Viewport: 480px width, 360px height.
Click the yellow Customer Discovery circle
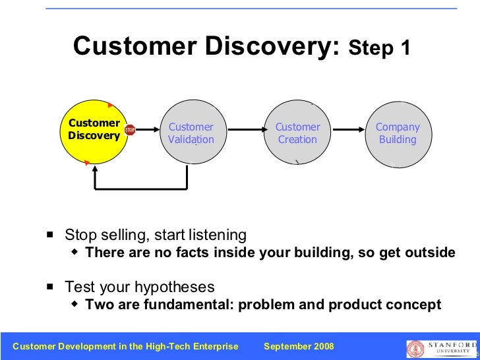coord(94,132)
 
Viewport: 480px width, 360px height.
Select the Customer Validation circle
coord(191,133)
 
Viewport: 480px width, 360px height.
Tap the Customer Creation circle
coord(297,133)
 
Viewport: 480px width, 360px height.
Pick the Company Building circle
coord(398,133)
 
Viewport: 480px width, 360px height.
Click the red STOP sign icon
coord(130,131)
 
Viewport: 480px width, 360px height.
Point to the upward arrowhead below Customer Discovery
coord(96,169)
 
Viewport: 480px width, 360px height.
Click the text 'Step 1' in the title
coord(380,48)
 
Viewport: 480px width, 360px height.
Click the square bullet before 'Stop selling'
coord(50,235)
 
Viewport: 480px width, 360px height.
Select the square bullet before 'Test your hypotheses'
coord(50,287)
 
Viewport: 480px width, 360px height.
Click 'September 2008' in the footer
coord(299,347)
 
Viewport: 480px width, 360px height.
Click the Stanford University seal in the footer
coord(415,349)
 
